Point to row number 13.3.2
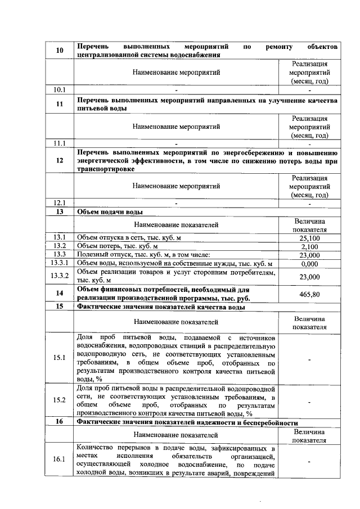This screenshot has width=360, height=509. (x=59, y=276)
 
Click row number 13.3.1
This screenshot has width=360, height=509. (x=59, y=263)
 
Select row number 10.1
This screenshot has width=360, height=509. (x=59, y=89)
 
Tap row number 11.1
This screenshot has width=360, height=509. (x=59, y=143)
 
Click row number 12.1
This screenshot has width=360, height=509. (x=59, y=203)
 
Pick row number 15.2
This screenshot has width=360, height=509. (x=59, y=400)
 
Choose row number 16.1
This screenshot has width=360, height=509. (x=59, y=459)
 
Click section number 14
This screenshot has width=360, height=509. (x=59, y=294)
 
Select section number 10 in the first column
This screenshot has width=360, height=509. (x=59, y=50)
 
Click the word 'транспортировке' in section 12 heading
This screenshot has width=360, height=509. (x=106, y=169)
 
